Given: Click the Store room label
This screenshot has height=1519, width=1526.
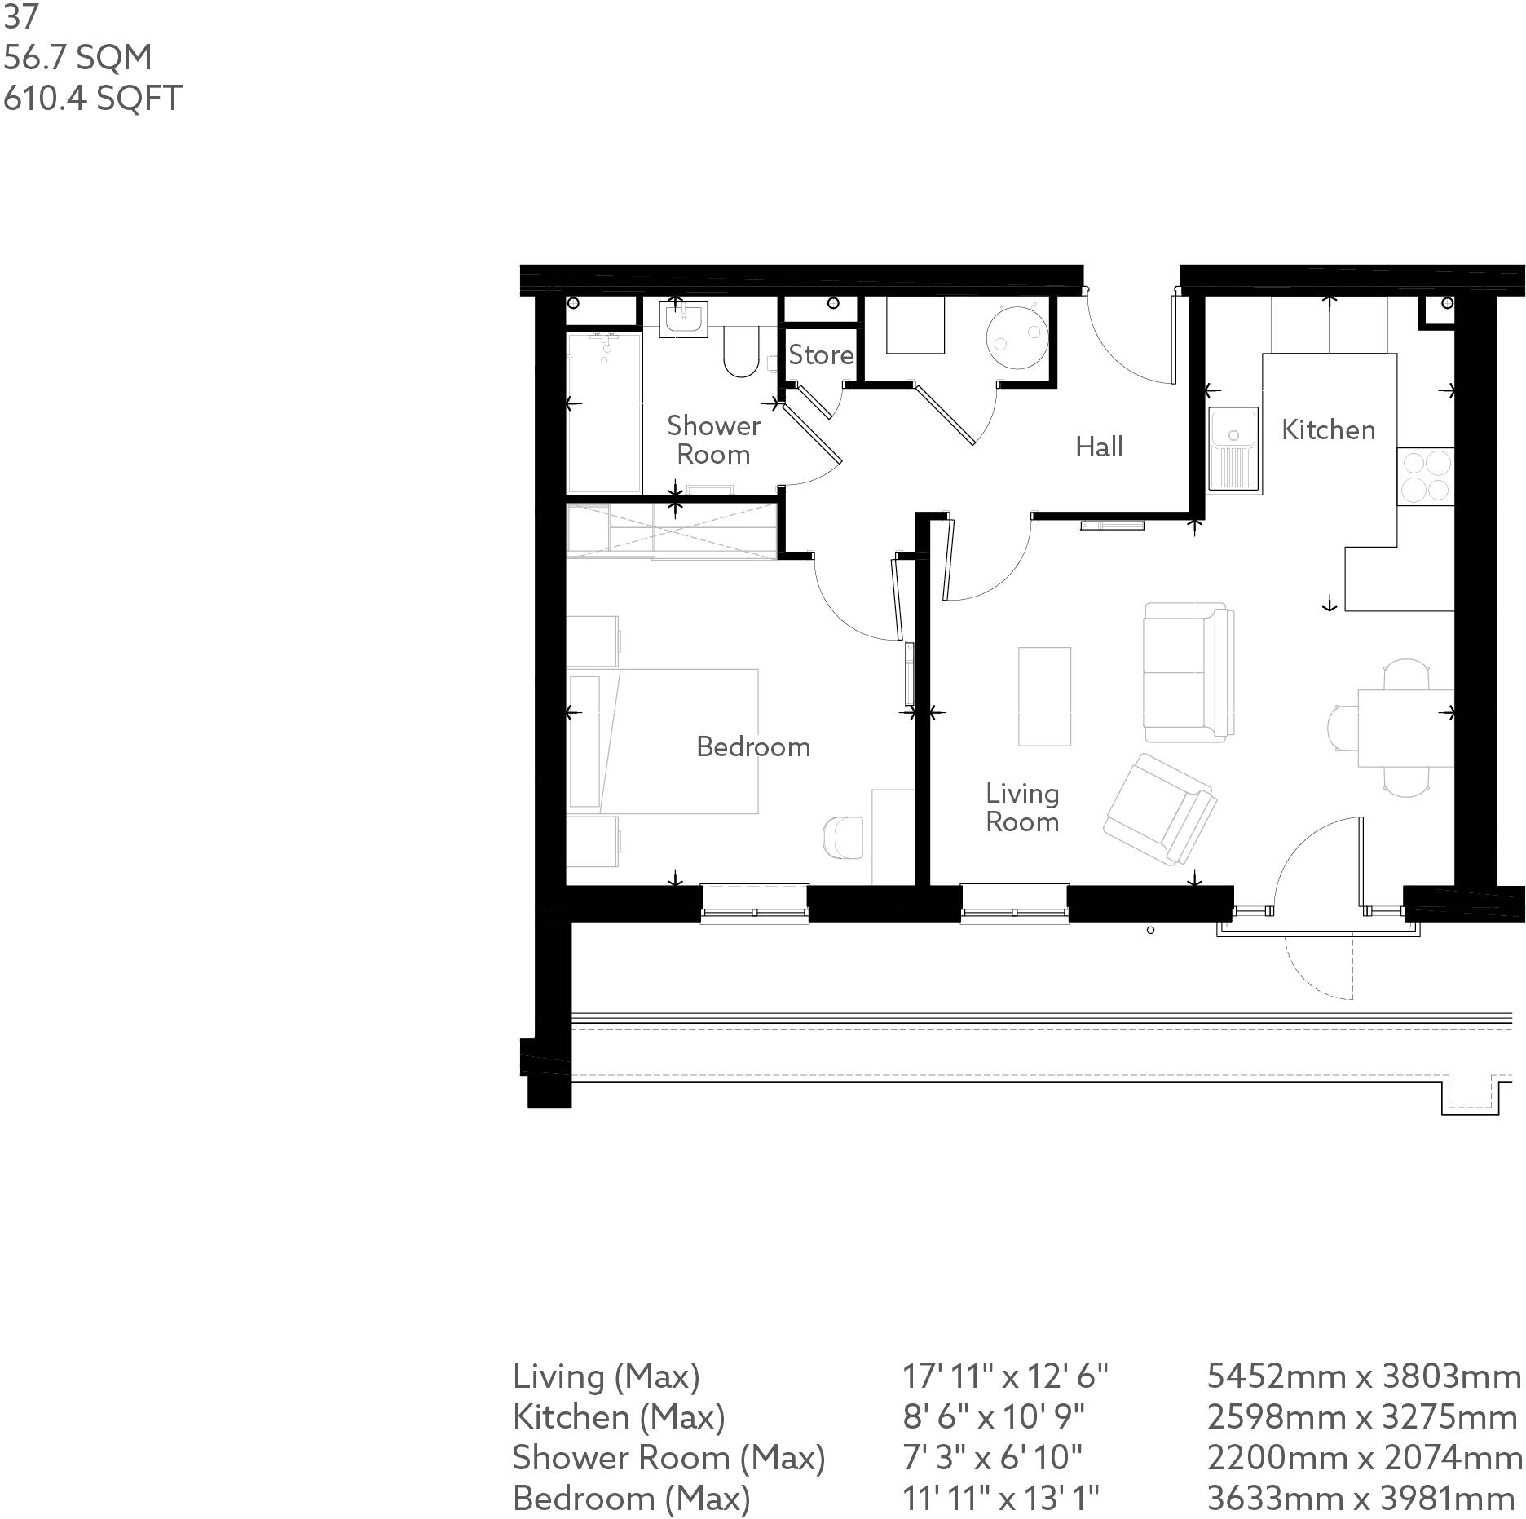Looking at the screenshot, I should [820, 355].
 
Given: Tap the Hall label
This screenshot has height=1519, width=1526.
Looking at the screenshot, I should [1098, 447].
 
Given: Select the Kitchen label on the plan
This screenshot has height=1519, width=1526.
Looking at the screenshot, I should [1327, 429].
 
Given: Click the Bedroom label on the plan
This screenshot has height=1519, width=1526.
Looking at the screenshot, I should [752, 746].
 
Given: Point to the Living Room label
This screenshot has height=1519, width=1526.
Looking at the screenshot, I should [1021, 807].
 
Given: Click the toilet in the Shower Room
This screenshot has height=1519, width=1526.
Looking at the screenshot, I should [740, 352].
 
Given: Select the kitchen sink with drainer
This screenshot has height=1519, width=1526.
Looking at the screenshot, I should [1234, 450].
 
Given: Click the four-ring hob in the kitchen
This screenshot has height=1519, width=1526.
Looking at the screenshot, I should [1425, 477].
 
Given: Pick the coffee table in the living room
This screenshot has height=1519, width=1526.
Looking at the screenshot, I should [1043, 696].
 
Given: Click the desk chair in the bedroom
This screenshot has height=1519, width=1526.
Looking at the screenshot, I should [843, 837].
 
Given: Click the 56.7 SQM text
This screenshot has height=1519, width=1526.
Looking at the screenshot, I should [77, 58].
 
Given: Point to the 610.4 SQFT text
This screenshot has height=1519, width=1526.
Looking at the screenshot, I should [92, 99].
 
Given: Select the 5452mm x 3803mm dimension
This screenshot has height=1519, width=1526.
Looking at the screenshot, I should [1363, 1376].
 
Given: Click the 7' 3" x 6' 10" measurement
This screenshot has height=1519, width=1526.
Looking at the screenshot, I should [992, 1458].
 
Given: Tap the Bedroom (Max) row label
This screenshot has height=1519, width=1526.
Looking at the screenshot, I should [631, 1499].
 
